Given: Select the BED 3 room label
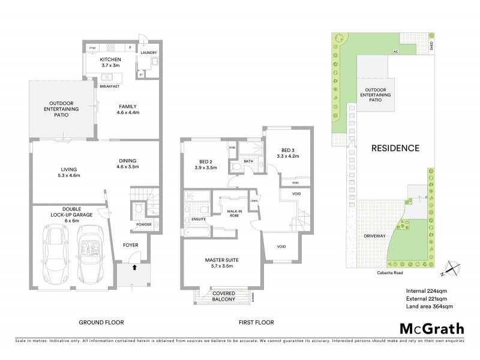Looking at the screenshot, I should pyautogui.click(x=286, y=153).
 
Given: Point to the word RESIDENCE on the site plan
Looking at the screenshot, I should pyautogui.click(x=394, y=148).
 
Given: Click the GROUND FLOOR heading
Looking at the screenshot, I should pyautogui.click(x=101, y=322).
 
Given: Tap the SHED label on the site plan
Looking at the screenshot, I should pyautogui.click(x=439, y=45).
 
